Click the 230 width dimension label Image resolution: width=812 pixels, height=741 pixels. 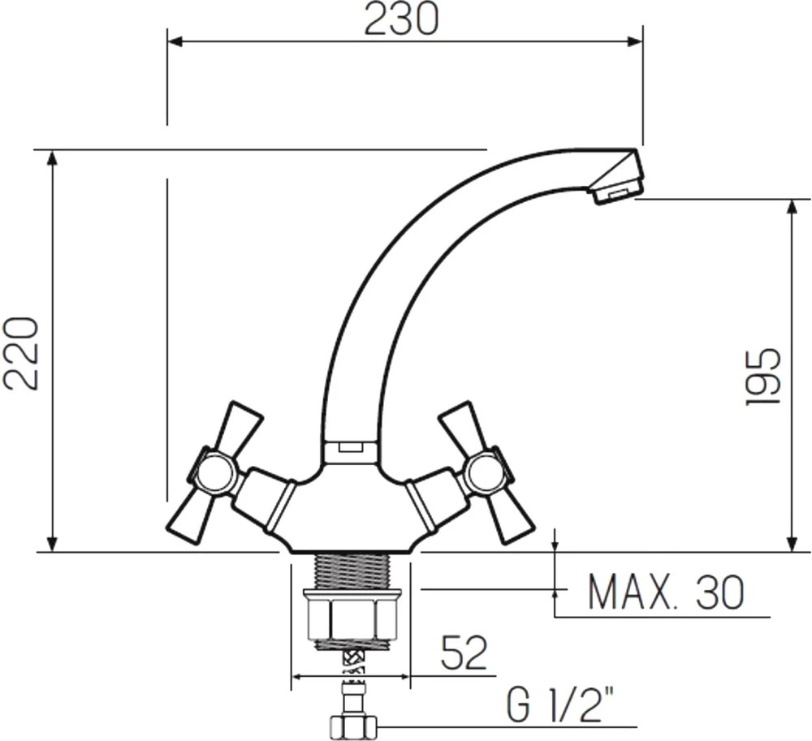coord(401,19)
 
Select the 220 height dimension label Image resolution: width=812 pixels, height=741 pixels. coord(21,353)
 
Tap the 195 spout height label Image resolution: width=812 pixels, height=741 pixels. coord(762,377)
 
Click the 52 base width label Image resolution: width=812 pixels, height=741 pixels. coord(464,653)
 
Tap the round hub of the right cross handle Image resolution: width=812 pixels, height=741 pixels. coord(485,472)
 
